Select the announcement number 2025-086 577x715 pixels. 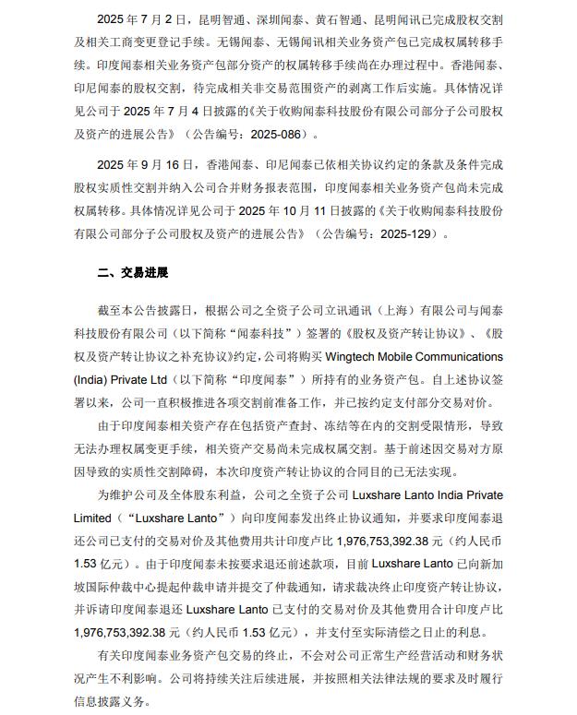pyautogui.click(x=282, y=133)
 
